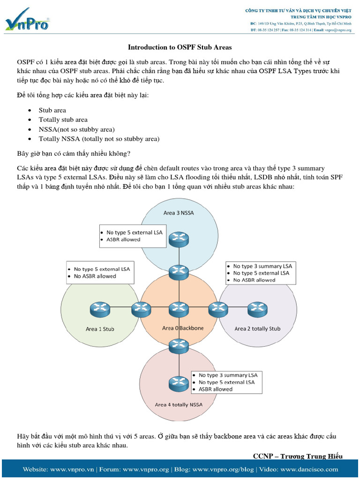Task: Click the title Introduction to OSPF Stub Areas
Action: click(180, 47)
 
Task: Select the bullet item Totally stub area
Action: click(63, 120)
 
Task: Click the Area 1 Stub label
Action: click(99, 329)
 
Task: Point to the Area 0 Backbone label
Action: click(183, 328)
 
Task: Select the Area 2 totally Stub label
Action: click(257, 329)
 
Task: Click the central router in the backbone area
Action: click(179, 308)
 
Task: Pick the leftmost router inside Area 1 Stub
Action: click(99, 308)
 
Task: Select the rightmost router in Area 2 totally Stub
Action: click(257, 308)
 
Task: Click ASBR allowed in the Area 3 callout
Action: click(123, 240)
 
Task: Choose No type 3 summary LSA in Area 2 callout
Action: click(262, 266)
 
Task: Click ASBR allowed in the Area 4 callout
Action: click(215, 389)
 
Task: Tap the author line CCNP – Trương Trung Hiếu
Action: click(298, 456)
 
